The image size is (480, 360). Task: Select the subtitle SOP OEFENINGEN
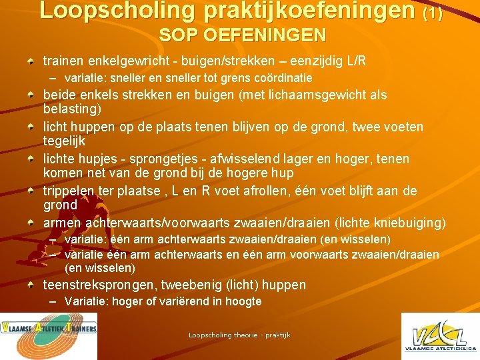[242, 35]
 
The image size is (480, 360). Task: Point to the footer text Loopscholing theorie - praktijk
[239, 335]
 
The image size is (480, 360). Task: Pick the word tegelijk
[65, 141]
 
